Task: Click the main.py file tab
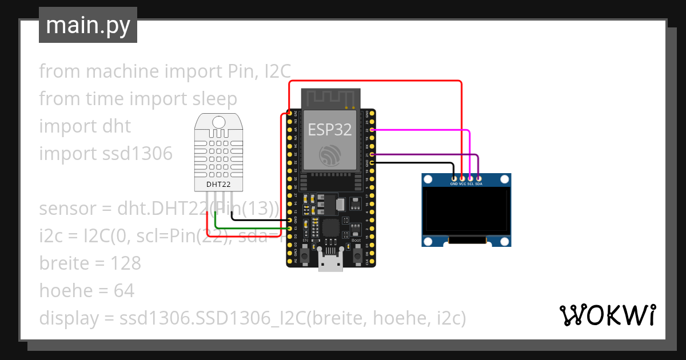87,25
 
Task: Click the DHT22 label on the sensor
218,185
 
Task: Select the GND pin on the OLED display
454,178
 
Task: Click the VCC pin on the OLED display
462,178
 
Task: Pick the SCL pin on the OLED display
470,178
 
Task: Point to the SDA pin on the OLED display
478,178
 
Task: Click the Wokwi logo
608,315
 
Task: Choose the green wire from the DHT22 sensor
252,229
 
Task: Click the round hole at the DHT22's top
218,121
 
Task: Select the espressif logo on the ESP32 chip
330,154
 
